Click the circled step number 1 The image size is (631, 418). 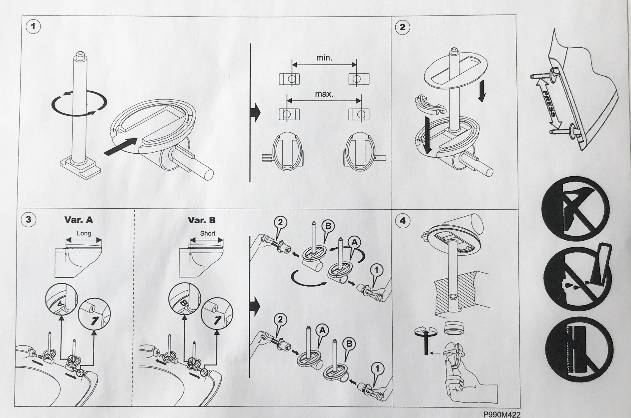click(33, 27)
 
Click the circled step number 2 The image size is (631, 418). click(402, 27)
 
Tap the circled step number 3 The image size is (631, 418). click(28, 219)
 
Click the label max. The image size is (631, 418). click(324, 94)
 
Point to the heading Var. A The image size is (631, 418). click(79, 220)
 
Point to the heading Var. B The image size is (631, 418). click(201, 220)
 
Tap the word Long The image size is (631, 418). click(84, 233)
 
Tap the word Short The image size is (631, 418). click(208, 234)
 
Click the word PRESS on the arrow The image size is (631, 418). click(549, 104)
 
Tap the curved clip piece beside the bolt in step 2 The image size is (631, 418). click(429, 107)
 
